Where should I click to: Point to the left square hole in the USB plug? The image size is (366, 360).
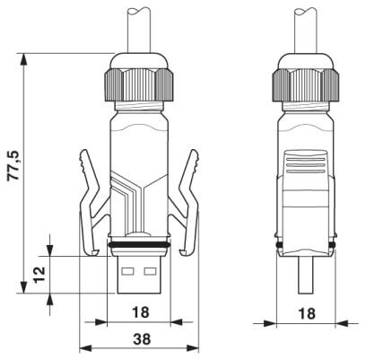[128, 270]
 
